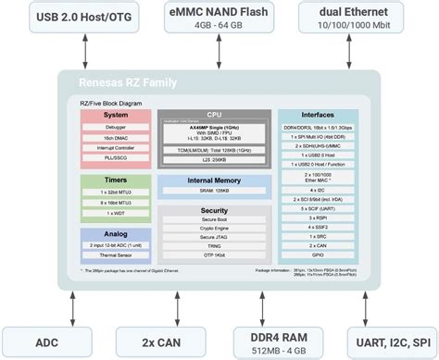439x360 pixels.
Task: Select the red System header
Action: tap(115, 116)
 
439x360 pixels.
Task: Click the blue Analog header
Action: tap(115, 234)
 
